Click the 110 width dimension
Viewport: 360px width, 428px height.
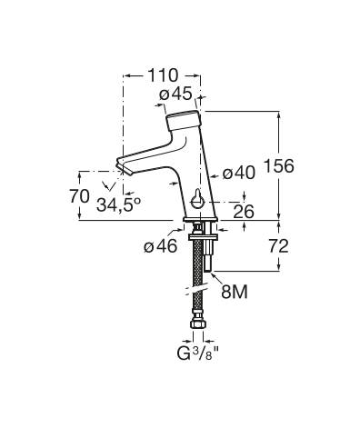click(x=163, y=75)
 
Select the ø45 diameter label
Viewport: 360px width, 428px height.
click(x=175, y=94)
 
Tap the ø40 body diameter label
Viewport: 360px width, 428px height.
click(x=239, y=174)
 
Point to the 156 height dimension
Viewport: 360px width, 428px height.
click(x=279, y=166)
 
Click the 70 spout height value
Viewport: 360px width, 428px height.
click(x=80, y=196)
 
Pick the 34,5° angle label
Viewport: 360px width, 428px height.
click(x=119, y=204)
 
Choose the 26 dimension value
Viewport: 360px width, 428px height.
click(x=244, y=211)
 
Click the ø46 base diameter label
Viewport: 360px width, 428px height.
click(x=161, y=246)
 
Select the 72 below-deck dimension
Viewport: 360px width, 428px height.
click(x=278, y=246)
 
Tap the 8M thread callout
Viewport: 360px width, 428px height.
click(x=235, y=292)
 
